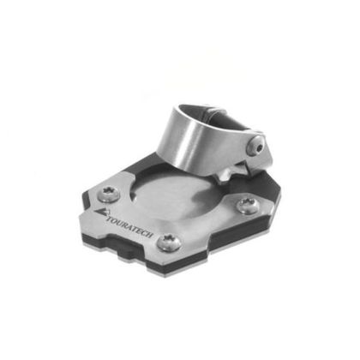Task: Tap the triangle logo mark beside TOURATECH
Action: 101,213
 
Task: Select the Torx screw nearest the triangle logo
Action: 109,194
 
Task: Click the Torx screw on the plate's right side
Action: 249,206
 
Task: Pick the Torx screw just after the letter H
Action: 169,243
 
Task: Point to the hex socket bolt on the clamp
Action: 258,147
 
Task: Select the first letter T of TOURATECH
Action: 109,219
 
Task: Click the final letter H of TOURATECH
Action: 151,236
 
